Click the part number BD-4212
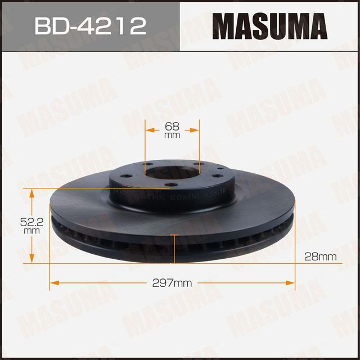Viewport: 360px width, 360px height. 90,25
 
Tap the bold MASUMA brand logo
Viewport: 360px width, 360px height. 270,25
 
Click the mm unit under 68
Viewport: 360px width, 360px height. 172,136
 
